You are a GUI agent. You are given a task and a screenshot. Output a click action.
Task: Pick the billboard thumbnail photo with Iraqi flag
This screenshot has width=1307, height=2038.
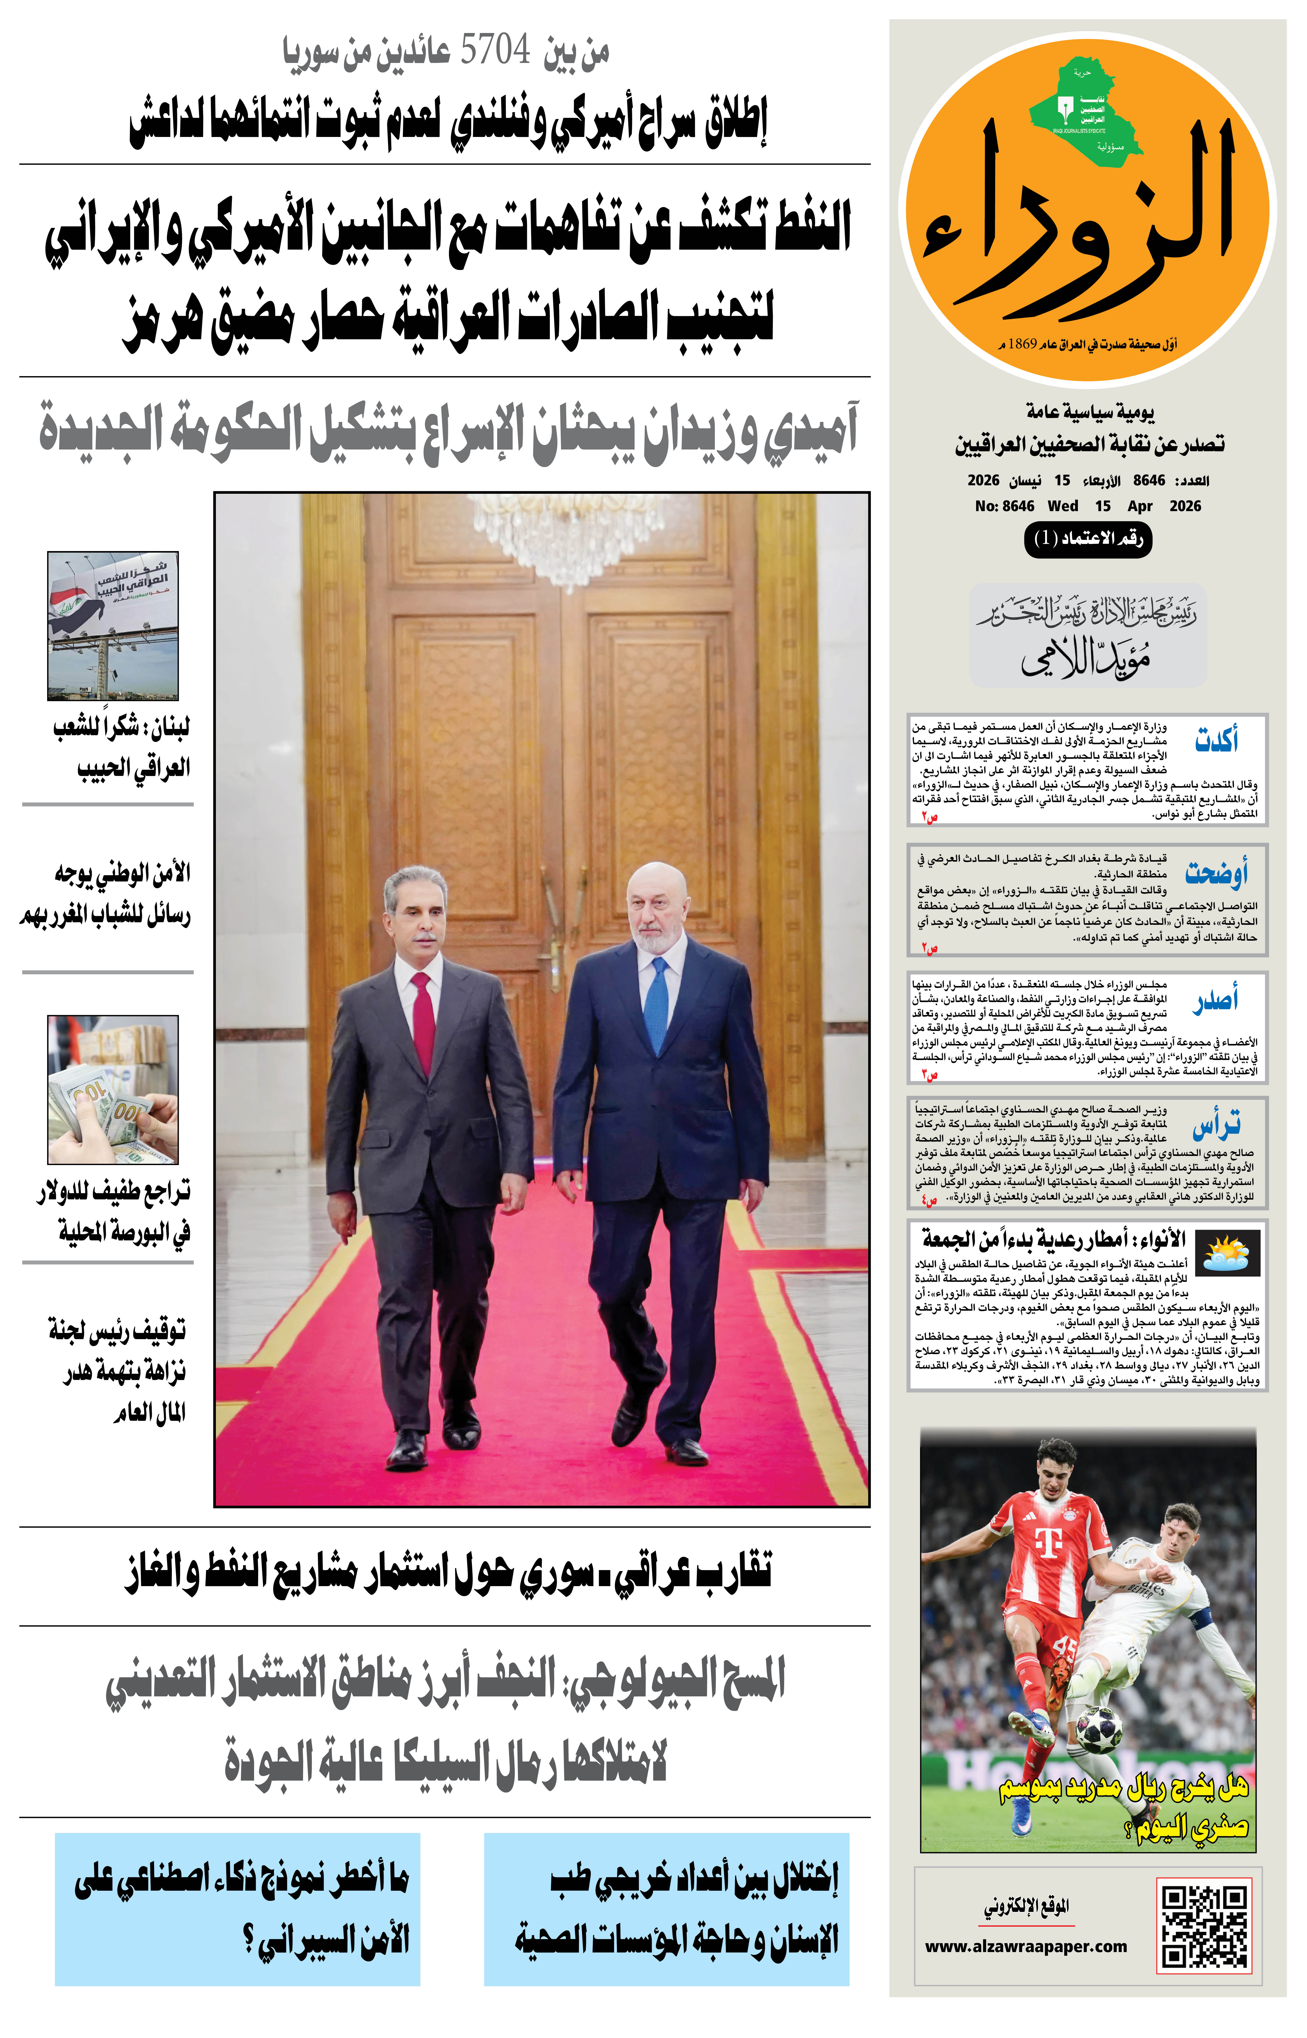(x=113, y=626)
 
